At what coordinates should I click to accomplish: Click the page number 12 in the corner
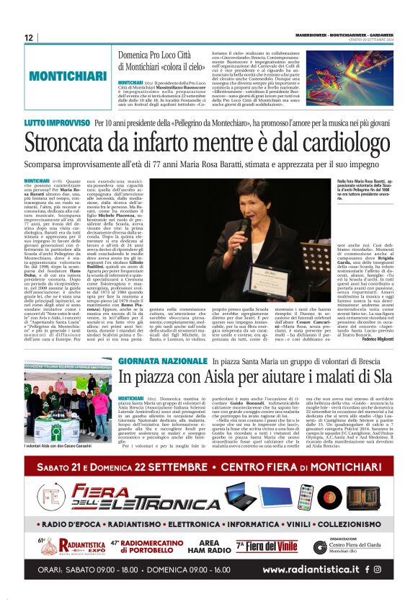point(29,37)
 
